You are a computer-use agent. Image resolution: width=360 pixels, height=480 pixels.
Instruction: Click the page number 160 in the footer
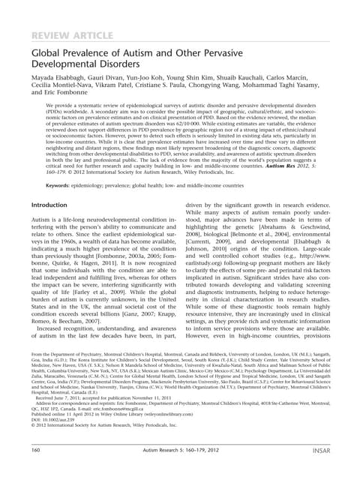(x=34, y=450)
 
